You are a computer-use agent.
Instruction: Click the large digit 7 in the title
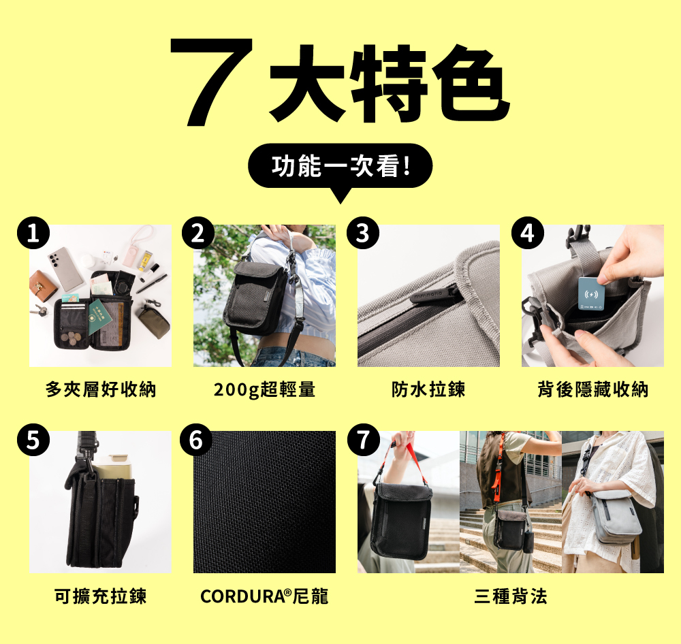[x=212, y=81]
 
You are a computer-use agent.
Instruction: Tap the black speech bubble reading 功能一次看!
[x=340, y=167]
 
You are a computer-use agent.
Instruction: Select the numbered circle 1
[x=33, y=233]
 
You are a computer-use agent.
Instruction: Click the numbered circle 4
[x=527, y=233]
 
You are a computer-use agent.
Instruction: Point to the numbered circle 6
[x=196, y=440]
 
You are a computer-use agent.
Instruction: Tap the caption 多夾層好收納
[x=100, y=389]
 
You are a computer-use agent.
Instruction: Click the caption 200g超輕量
[x=264, y=389]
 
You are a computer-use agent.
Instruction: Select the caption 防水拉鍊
[x=428, y=389]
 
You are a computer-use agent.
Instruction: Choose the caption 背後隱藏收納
[x=593, y=389]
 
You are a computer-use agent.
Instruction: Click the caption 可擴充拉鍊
[x=100, y=596]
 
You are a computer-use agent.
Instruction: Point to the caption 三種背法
[x=510, y=596]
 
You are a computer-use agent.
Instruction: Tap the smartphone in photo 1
[x=65, y=268]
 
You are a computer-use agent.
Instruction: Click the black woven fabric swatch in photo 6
[x=264, y=502]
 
